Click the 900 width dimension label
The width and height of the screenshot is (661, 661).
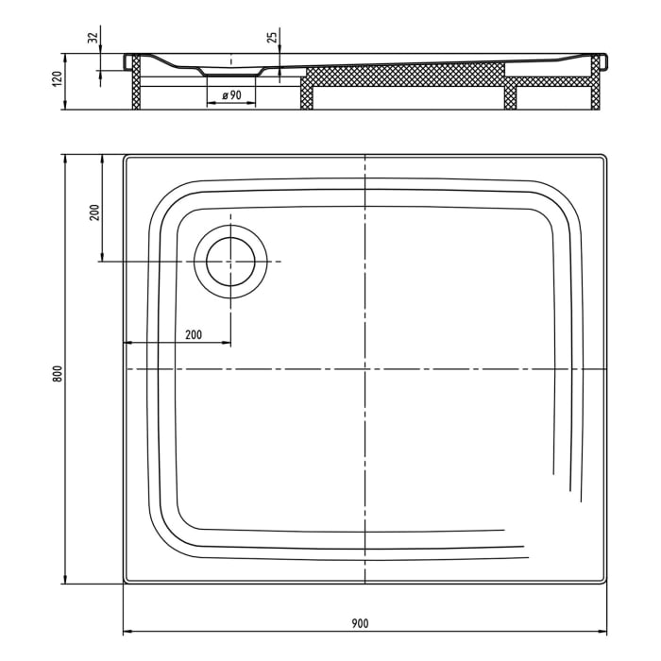coord(359,622)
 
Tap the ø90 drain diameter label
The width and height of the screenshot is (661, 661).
coord(231,95)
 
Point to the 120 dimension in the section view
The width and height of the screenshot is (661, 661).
coord(57,80)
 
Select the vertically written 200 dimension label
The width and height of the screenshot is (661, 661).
coord(93,212)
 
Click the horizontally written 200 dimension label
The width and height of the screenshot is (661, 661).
coord(193,334)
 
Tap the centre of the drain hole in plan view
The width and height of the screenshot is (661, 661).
coord(230,261)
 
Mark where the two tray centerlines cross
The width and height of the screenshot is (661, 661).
coord(364,368)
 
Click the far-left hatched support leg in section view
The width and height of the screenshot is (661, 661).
coord(136,83)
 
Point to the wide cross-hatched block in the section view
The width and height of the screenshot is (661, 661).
coord(406,76)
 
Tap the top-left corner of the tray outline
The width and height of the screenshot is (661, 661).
coord(125,156)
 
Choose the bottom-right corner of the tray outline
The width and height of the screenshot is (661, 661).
coord(605,583)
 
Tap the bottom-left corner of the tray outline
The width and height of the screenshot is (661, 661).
coord(125,583)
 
